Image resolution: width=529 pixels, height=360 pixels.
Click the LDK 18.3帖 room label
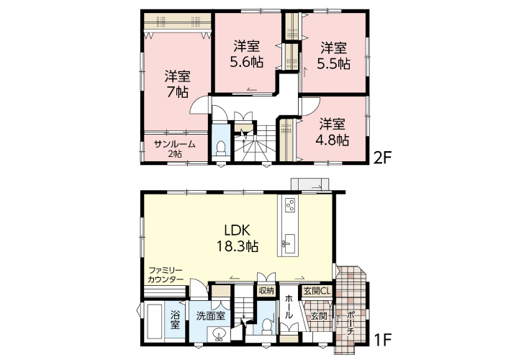pos(238,238)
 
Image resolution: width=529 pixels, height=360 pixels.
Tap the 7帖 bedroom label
pos(178,84)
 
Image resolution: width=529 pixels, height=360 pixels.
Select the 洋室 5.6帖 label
pos(247,54)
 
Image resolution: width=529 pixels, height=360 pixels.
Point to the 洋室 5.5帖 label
pos(333,55)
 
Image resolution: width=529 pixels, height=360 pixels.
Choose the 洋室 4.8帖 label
pos(333,132)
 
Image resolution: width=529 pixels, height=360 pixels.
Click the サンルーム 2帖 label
pos(175,148)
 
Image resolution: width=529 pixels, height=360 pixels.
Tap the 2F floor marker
pos(382,157)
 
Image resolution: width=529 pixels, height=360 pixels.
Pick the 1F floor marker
pos(383,338)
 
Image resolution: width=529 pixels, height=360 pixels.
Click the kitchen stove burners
pos(290,204)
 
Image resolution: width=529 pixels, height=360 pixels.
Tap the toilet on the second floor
pos(221,148)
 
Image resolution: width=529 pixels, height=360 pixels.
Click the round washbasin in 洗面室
pos(220,336)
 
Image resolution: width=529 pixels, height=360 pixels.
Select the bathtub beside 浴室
pos(155,323)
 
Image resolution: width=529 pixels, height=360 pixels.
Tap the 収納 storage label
pos(266,290)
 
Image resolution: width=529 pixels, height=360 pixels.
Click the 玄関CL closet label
pos(317,291)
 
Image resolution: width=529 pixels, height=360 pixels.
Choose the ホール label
pos(289,307)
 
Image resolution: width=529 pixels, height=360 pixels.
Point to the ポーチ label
pos(351,323)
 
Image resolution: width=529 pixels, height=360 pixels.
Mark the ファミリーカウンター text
pos(166,274)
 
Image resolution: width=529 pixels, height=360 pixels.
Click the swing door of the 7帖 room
pos(200,105)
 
